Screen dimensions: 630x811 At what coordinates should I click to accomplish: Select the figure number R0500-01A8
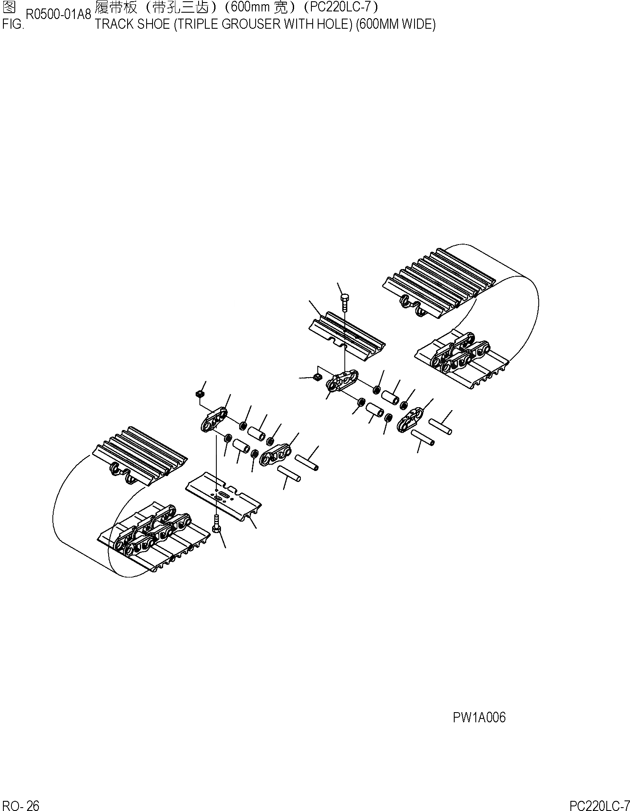pos(58,15)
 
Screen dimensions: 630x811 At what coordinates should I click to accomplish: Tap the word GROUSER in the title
pos(241,24)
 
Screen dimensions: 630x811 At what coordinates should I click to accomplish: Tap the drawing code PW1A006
pos(479,717)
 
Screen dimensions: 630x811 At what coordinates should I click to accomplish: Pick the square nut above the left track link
pos(199,395)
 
